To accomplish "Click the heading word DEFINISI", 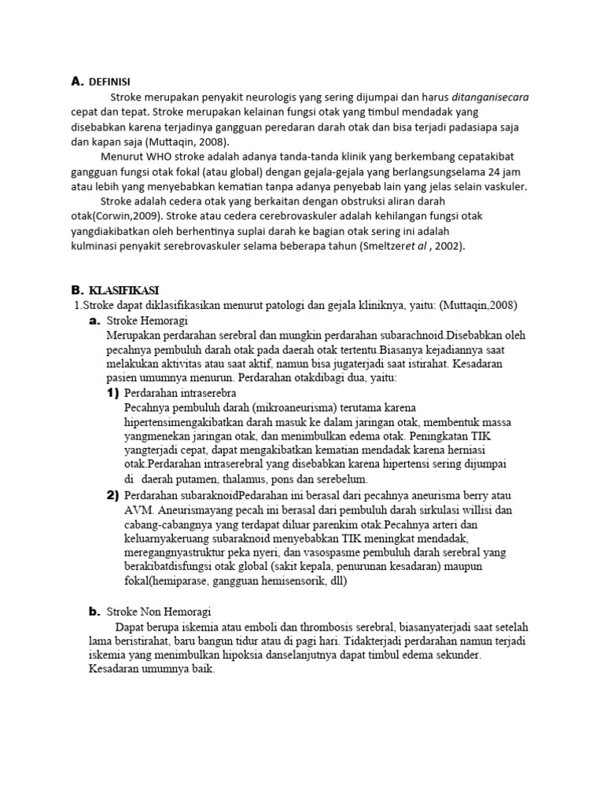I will tap(109, 82).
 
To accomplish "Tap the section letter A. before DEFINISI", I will tap(76, 82).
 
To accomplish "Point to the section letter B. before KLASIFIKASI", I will tap(77, 291).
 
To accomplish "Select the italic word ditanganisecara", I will tap(491, 97).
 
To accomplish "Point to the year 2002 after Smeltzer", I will tap(448, 245).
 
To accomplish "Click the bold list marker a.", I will tap(94, 321).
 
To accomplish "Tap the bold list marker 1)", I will tap(113, 392).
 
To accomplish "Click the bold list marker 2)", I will tap(113, 494).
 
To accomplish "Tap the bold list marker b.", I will tap(94, 611).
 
